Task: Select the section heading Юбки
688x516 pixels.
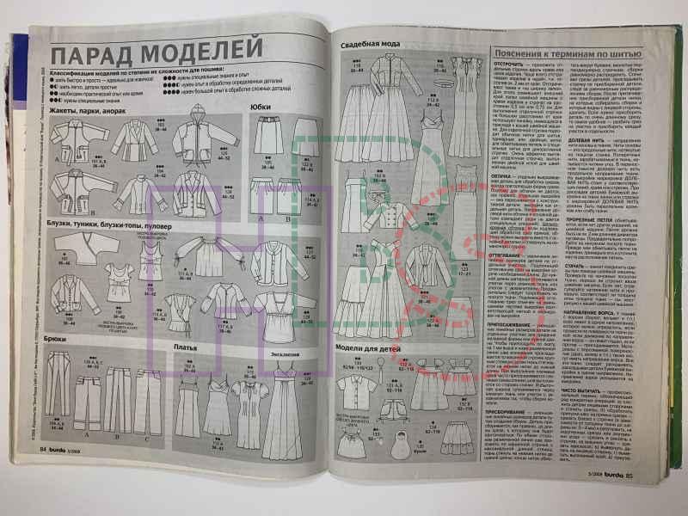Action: click(261, 107)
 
